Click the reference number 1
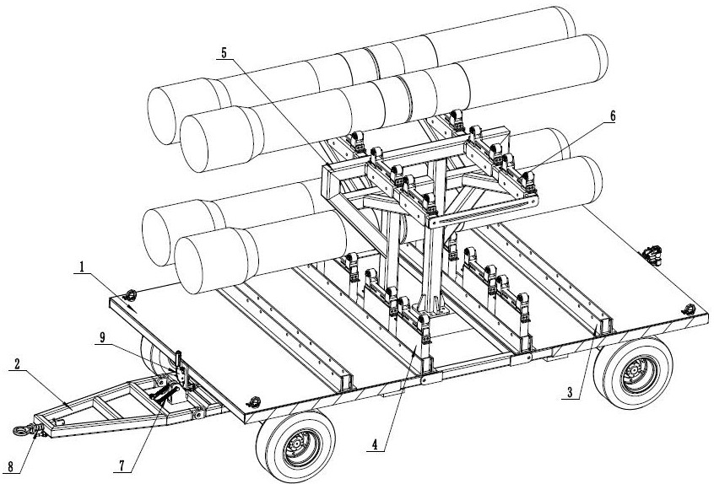pos(82,267)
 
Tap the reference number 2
pos(17,364)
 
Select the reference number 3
pos(570,392)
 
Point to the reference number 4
pos(375,445)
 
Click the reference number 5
pos(224,53)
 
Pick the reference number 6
pos(613,116)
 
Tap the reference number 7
pos(122,465)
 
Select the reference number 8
pos(10,467)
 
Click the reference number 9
pos(102,337)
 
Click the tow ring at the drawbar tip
pos(19,430)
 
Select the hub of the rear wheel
pos(636,374)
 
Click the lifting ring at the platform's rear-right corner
pos(688,309)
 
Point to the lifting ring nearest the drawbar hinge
pos(253,401)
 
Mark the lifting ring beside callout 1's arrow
pos(130,295)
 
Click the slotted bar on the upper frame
pos(483,212)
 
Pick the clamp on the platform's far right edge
pos(653,255)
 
